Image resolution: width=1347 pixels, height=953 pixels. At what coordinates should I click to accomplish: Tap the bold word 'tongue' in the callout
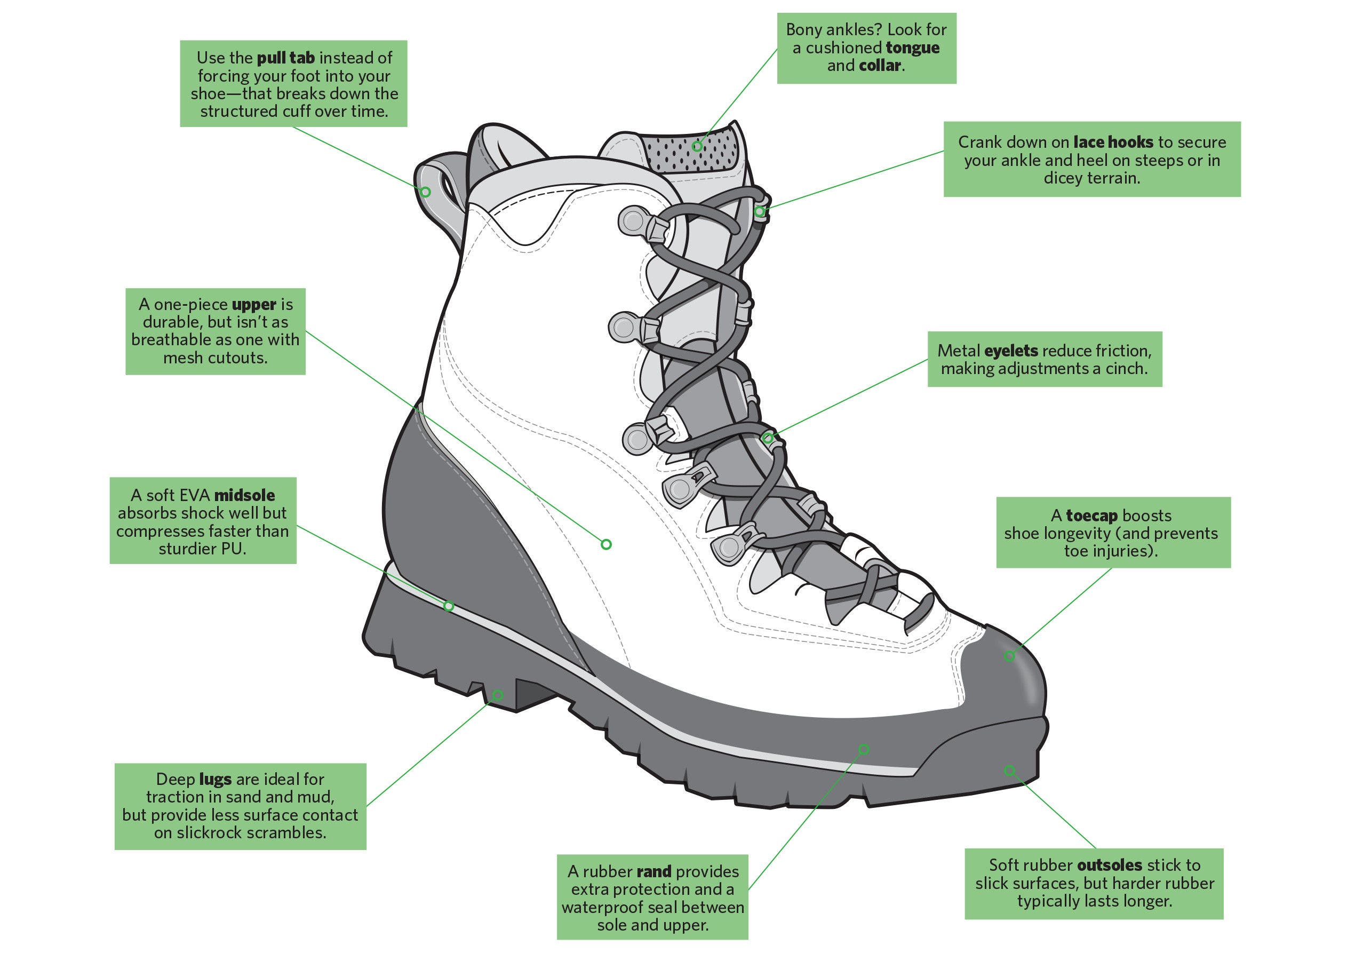coord(912,48)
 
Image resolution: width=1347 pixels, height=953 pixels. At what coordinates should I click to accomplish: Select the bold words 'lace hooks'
coord(1113,142)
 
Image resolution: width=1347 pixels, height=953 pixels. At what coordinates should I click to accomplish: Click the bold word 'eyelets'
coord(1011,351)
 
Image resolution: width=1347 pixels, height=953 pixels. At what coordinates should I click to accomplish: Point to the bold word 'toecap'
coord(1091,516)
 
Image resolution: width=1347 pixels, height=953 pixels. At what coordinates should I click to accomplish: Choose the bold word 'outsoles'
coord(1109,865)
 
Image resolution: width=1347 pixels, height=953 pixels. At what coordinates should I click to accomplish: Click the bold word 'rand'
coord(653,871)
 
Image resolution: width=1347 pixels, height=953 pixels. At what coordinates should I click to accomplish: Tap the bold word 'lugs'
coord(215,779)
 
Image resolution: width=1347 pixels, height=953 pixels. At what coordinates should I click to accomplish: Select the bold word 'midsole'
coord(245,495)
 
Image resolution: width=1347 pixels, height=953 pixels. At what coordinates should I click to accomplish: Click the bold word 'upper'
coord(254,305)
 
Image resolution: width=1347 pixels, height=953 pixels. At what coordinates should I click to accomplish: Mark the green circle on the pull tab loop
coord(426,192)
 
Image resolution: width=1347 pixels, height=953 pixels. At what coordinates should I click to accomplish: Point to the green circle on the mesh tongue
coord(696,146)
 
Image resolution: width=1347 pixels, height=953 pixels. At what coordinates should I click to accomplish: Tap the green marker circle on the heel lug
coord(498,695)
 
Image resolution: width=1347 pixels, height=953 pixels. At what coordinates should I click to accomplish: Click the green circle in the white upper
coord(606,545)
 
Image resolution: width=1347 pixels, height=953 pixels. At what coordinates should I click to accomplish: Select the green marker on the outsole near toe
coord(1009,770)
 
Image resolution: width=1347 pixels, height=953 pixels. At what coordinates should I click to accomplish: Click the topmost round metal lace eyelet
coord(633,221)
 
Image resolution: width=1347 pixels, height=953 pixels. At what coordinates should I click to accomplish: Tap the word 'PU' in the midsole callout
coord(235,549)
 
